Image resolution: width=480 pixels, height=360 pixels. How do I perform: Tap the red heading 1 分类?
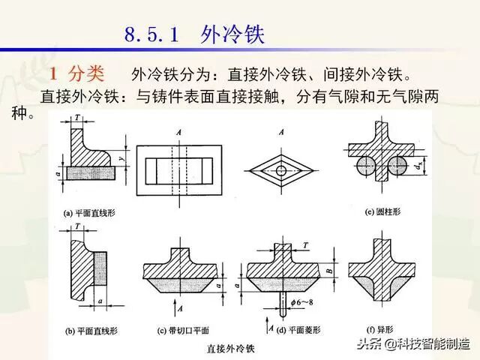click(80, 73)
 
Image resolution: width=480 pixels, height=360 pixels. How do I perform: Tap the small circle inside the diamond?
click(280, 170)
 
